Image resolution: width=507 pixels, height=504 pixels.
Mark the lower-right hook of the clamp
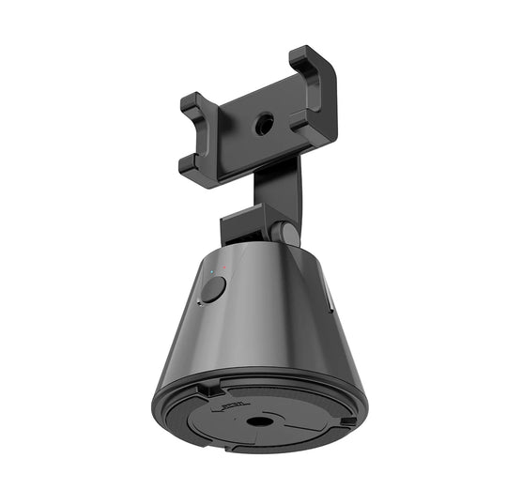point(319,123)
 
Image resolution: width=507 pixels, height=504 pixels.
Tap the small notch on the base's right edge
point(348,423)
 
